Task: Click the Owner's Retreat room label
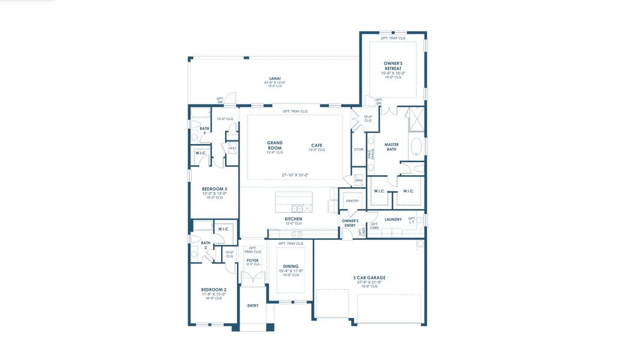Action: click(x=393, y=65)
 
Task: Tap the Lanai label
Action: click(x=274, y=78)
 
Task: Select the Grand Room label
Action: click(x=274, y=145)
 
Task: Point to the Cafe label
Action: click(x=316, y=145)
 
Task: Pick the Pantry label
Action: click(x=352, y=201)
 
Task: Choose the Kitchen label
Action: click(x=293, y=220)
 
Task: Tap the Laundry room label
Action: click(x=393, y=220)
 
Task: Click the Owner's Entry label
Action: click(x=350, y=223)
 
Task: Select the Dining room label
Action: click(x=291, y=266)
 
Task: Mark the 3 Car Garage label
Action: click(x=369, y=278)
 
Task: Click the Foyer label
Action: click(x=253, y=260)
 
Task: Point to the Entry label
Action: click(x=253, y=306)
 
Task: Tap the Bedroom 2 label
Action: click(x=213, y=290)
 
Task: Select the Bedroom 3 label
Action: click(x=214, y=189)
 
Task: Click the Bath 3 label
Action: click(x=205, y=131)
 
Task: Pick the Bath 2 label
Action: click(x=205, y=245)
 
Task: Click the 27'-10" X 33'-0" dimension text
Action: click(x=295, y=175)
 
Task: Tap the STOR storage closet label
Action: click(x=358, y=149)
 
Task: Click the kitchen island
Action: click(x=294, y=202)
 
